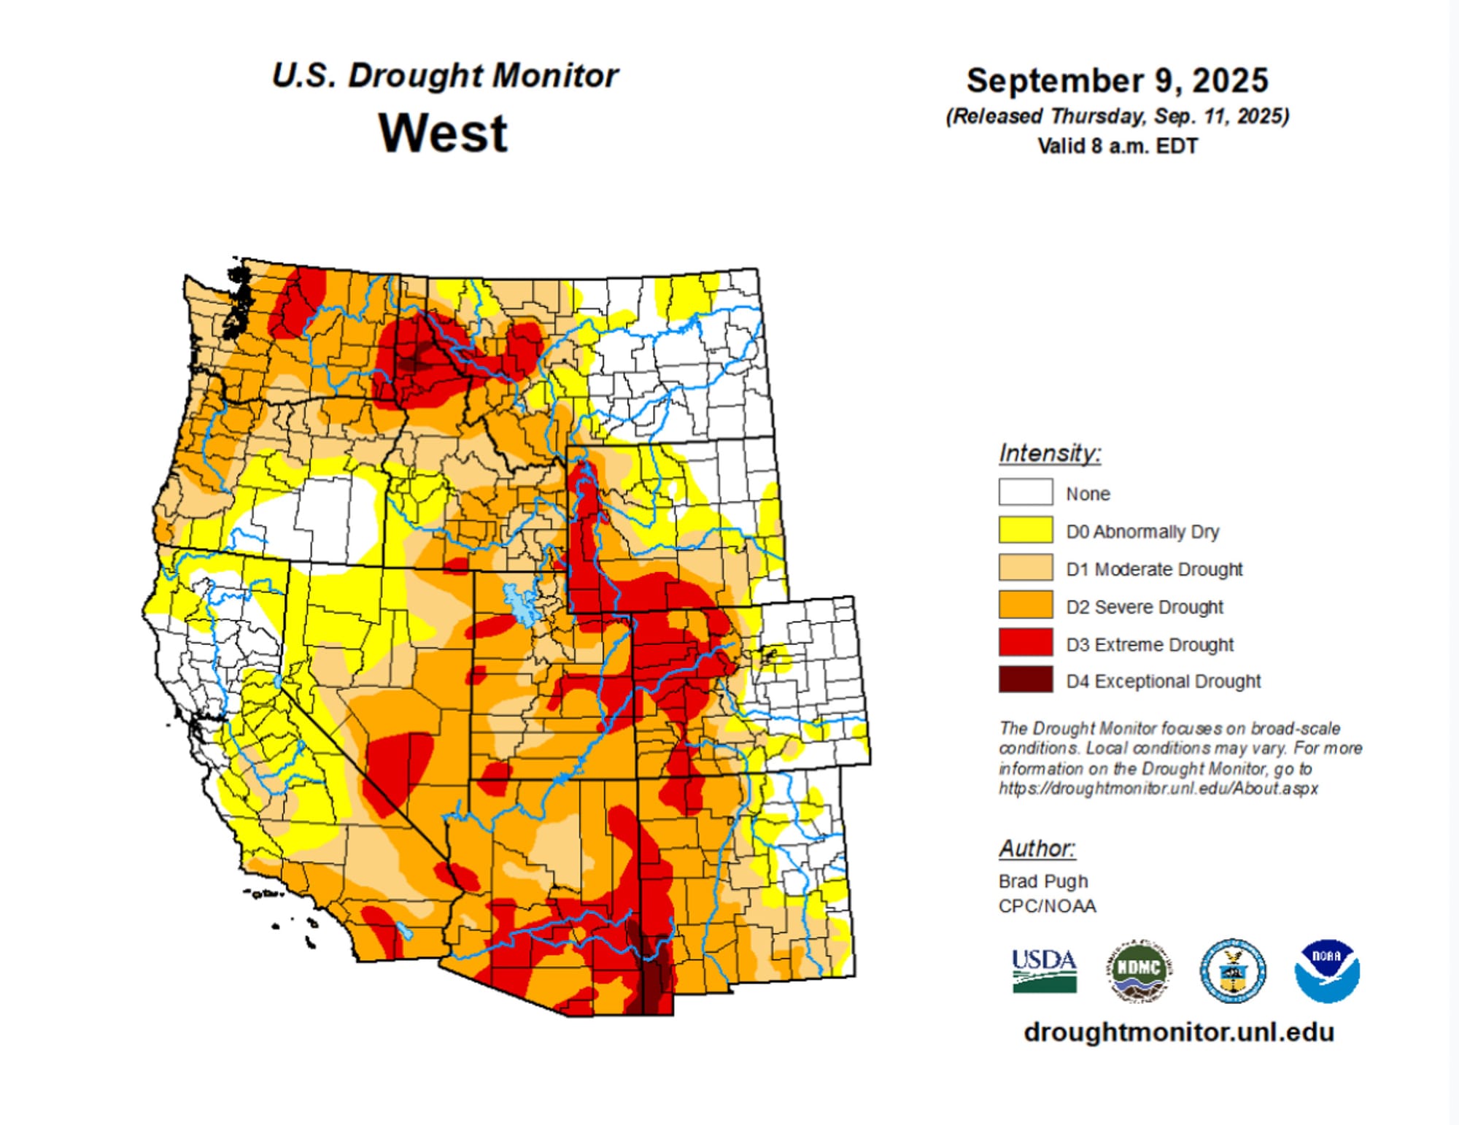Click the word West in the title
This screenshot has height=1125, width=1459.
(x=443, y=134)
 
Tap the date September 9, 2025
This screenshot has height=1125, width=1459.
(x=1117, y=80)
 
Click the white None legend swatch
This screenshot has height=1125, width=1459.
(x=1025, y=492)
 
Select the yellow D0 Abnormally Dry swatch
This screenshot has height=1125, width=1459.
(x=1025, y=530)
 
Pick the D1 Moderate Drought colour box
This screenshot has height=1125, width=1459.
(x=1025, y=568)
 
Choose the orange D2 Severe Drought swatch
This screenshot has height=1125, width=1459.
(x=1025, y=606)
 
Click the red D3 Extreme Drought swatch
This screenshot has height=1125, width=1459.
(x=1025, y=643)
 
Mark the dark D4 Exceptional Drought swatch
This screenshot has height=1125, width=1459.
(x=1025, y=680)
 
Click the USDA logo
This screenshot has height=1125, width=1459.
(x=1044, y=970)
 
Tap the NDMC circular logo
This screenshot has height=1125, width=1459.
(x=1139, y=970)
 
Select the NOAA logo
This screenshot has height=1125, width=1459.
(x=1326, y=970)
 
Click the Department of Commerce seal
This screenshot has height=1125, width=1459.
(x=1233, y=970)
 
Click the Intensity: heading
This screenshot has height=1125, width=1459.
(x=1049, y=453)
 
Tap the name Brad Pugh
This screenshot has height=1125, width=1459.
(x=1042, y=881)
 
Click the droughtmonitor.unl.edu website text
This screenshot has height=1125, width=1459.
(x=1178, y=1032)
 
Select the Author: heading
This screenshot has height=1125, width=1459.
(x=1036, y=848)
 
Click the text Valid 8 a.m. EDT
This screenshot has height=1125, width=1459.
(x=1117, y=146)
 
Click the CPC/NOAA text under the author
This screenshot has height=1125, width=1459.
(x=1047, y=906)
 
